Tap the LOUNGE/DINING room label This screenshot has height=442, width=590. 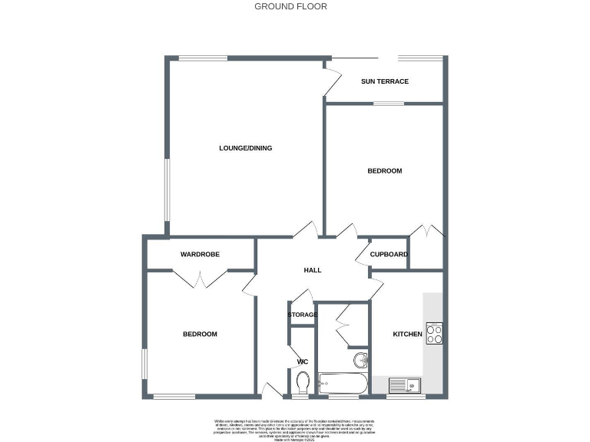point(246,148)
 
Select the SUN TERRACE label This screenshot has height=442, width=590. point(384,81)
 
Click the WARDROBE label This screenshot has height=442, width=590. point(201,254)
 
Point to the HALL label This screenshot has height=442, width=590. point(312,270)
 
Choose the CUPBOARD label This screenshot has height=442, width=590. point(389,254)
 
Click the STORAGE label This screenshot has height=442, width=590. point(303,315)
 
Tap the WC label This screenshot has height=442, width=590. point(303,361)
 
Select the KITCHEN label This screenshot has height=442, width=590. point(407,335)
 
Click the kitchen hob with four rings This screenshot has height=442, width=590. point(435,332)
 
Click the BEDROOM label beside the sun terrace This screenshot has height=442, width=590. point(386,170)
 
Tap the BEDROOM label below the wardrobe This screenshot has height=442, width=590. point(200,334)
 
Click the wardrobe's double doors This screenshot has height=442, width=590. point(200,278)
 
